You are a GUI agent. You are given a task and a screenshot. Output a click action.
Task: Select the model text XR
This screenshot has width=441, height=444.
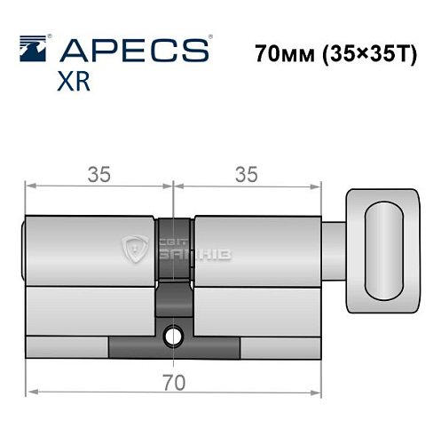[72, 83]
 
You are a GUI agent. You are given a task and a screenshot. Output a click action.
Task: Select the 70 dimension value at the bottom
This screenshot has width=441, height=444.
[174, 384]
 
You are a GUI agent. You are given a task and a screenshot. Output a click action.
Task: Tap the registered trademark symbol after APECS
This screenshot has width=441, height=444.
[209, 37]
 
